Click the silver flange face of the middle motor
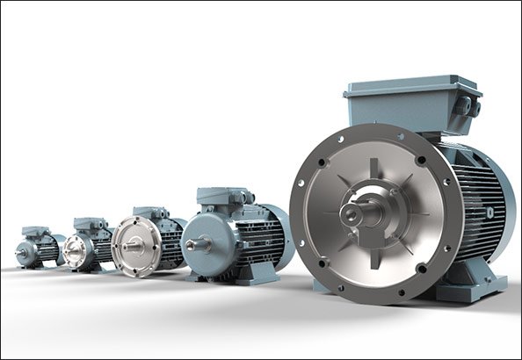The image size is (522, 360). [136, 247]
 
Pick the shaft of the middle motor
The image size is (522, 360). [129, 247]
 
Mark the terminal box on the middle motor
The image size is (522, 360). [149, 213]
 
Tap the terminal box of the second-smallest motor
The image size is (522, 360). [89, 225]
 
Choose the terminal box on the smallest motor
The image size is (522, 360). [36, 232]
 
